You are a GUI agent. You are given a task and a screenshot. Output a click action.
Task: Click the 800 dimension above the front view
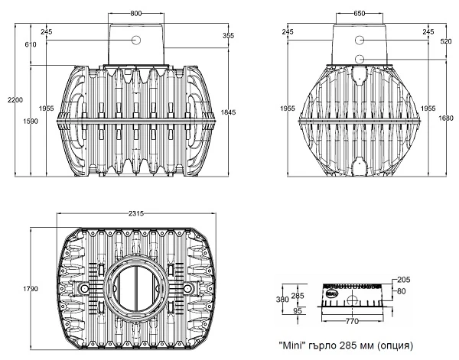coord(136,14)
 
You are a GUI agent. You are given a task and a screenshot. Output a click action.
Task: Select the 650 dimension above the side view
coord(360,14)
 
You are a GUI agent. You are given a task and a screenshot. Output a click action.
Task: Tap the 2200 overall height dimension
coord(15,100)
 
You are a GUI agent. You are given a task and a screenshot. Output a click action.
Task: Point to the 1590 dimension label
coord(31,121)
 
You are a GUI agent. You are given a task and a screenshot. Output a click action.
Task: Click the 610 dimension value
coord(31,44)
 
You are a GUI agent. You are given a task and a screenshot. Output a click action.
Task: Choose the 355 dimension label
coord(228,35)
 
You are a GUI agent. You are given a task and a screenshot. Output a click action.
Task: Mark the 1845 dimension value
coord(228,112)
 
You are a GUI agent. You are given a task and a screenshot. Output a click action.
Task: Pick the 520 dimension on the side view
coord(446,41)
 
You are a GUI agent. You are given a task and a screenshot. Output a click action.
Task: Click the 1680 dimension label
coord(446,118)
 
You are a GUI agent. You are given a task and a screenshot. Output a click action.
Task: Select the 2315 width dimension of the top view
coord(136,213)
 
